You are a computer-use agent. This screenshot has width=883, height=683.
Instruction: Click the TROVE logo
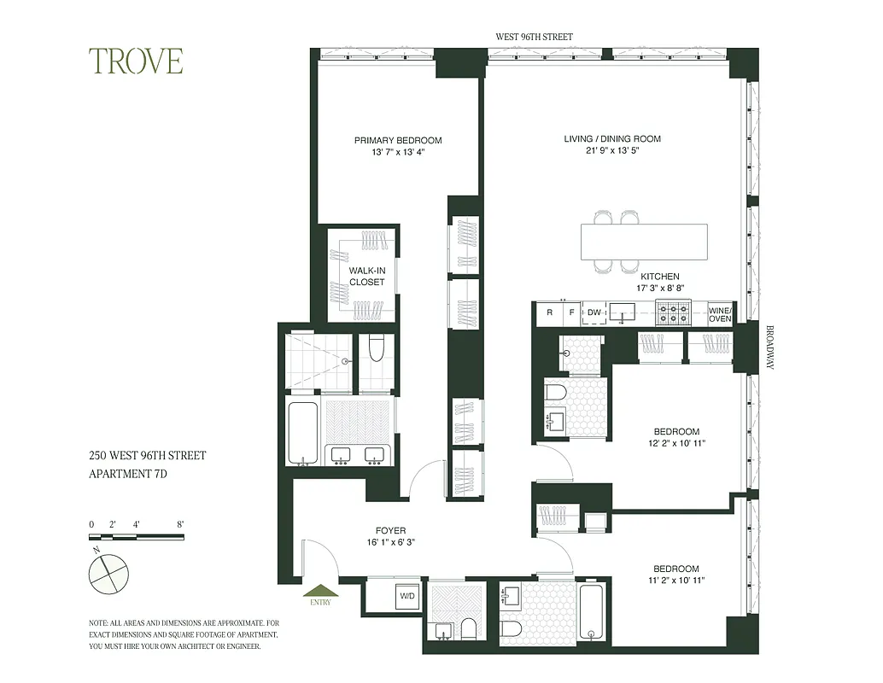pos(137,61)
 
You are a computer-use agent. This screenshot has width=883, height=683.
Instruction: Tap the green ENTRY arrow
pos(322,590)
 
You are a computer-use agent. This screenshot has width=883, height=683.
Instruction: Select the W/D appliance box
pos(406,596)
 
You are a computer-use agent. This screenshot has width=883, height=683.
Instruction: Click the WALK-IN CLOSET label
pos(366,277)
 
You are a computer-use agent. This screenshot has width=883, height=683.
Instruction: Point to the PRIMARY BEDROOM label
pos(398,140)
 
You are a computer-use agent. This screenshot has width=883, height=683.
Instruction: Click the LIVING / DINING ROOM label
pos(611,138)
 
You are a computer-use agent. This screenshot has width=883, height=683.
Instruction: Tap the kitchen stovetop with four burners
pos(673,313)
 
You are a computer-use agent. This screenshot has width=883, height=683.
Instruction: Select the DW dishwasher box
pos(594,313)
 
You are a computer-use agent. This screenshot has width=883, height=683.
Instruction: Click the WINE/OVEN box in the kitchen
pos(720,313)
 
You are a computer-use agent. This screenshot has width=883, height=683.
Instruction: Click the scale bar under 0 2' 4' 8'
pos(137,537)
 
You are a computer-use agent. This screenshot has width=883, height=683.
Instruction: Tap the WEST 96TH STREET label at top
pos(535,37)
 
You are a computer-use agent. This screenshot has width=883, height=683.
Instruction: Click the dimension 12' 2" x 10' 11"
pos(676,443)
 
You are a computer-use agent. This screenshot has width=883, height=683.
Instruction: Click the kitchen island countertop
pos(644,241)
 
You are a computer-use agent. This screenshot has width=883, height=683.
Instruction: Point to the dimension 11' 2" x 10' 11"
pos(676,581)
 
